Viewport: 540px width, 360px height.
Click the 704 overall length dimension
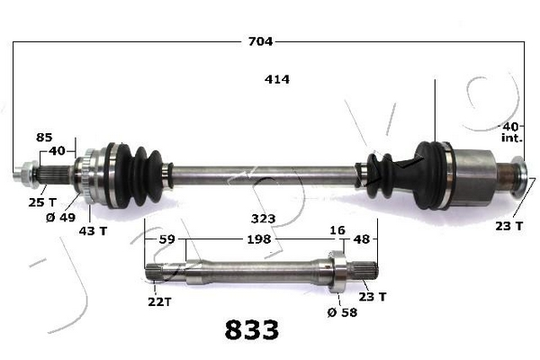pos(260,41)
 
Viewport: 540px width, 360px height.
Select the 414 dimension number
pos(277,79)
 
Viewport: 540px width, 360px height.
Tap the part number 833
pos(252,329)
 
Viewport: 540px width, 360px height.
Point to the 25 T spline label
pos(42,202)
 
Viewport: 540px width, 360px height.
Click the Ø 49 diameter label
pos(60,218)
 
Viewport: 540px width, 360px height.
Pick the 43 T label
pos(93,230)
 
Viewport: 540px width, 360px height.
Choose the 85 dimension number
pos(44,138)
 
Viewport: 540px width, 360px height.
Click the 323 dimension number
pos(264,219)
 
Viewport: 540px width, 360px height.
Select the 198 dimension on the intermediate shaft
pos(259,239)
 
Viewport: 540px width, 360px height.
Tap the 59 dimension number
pos(167,239)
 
